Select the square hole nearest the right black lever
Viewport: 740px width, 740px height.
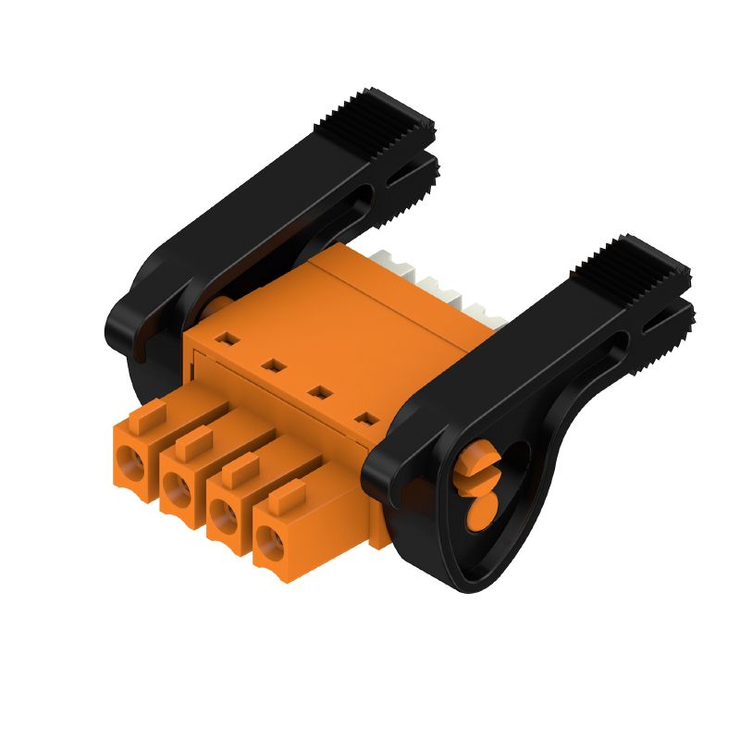click(367, 419)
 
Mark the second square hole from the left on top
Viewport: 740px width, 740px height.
click(271, 366)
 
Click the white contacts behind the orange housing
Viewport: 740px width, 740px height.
click(435, 282)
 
